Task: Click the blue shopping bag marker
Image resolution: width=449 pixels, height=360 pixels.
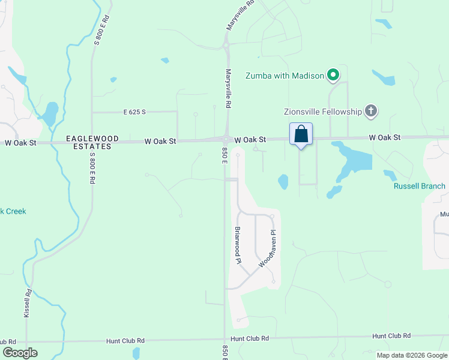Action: [301, 134]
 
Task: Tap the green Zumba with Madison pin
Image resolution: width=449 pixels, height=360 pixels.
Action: [333, 76]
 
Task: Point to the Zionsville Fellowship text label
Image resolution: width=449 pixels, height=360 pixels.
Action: [323, 112]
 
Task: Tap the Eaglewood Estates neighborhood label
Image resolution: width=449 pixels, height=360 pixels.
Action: [89, 142]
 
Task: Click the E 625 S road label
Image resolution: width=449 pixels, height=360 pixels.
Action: [135, 112]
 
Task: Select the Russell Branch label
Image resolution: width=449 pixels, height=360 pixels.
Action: [420, 186]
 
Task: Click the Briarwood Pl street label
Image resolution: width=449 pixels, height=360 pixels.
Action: [237, 245]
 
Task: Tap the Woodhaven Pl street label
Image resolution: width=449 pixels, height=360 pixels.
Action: [268, 248]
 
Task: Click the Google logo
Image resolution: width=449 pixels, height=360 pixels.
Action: [20, 353]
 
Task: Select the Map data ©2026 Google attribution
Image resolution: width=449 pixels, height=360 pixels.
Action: [412, 355]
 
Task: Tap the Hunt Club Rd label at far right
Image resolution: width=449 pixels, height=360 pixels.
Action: [391, 336]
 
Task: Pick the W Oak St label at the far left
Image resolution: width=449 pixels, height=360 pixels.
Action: [21, 143]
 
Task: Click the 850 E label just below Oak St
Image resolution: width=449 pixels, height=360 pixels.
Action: [224, 155]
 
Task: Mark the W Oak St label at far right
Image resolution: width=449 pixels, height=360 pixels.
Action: [384, 137]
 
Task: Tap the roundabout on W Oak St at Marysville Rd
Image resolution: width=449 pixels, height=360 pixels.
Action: [225, 139]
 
